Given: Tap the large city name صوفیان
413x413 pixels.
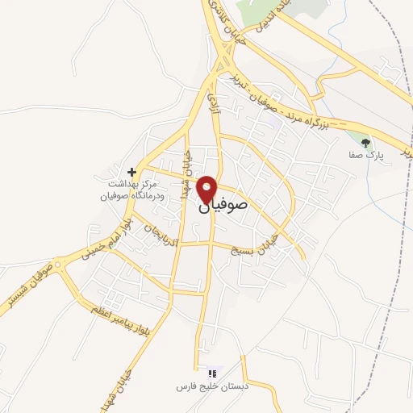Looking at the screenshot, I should coord(234,206).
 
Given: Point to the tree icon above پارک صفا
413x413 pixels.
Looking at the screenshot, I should coord(366,142).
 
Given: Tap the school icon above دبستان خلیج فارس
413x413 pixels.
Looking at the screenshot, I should coord(213,373).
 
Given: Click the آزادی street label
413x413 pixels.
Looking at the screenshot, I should coord(215,101).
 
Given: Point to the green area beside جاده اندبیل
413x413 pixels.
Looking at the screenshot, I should coord(307,8).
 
